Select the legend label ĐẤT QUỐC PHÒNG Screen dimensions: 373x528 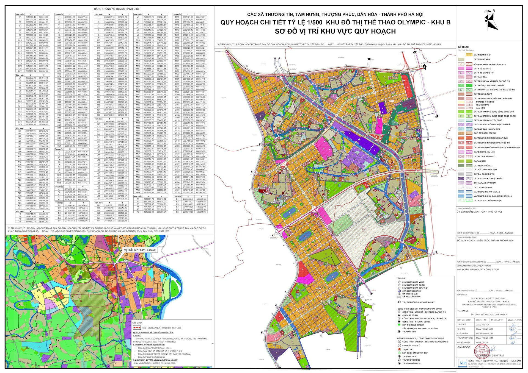[482, 166]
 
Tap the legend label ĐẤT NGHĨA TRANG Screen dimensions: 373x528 [483, 187]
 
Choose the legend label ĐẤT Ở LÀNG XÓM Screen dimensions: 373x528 [482, 59]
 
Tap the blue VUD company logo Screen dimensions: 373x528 [463, 363]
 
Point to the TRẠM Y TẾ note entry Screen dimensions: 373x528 [407, 349]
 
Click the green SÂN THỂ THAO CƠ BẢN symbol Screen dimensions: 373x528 [399, 325]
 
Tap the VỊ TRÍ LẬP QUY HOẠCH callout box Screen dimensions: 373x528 [140, 250]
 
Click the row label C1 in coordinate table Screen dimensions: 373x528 [20, 17]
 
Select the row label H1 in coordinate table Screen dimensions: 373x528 [59, 17]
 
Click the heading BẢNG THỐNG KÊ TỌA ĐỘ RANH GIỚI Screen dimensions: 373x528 [109, 9]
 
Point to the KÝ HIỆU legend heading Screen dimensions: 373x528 [463, 47]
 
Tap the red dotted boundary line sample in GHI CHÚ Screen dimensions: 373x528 [137, 328]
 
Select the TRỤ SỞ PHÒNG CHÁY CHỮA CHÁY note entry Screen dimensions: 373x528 [418, 302]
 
